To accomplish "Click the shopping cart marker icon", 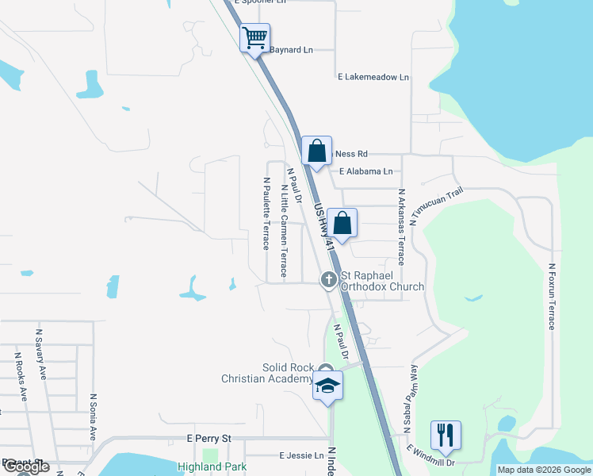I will click(x=254, y=38).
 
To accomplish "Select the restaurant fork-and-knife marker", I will click(x=445, y=435).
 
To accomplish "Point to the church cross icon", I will click(x=328, y=280).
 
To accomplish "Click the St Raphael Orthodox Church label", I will click(x=382, y=281).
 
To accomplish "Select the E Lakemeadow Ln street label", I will click(x=373, y=77).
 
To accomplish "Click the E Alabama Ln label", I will click(x=365, y=171).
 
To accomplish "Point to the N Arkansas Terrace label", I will click(x=401, y=226).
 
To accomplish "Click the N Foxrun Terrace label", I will click(x=552, y=297).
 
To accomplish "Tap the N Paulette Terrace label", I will click(x=266, y=213).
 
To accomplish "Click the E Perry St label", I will click(x=209, y=438).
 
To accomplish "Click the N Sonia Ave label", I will click(x=93, y=417).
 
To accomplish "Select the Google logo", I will click(x=26, y=467).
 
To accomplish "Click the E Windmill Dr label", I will click(x=431, y=456).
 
